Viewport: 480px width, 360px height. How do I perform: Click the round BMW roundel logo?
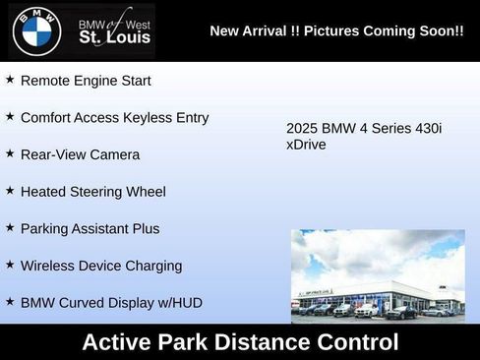tap(36, 30)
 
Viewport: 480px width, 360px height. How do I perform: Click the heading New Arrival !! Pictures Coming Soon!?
tap(336, 31)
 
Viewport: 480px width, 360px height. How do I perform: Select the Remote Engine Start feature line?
tap(86, 81)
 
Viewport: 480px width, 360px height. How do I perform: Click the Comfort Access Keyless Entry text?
tap(114, 117)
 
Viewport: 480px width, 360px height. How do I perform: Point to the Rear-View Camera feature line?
tap(80, 154)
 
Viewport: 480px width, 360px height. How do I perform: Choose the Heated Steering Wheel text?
tap(92, 191)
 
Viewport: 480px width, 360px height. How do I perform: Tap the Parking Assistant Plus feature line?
tap(90, 228)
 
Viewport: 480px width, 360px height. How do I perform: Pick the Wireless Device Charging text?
tap(100, 265)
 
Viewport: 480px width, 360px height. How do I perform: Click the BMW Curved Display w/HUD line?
tap(111, 302)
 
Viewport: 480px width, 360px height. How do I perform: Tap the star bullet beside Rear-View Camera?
tap(10, 153)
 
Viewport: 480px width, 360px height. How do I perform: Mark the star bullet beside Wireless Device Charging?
tap(10, 264)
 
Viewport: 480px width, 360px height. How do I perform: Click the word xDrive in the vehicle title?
tap(306, 145)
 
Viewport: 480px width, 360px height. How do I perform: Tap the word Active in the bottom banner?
tap(119, 342)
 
